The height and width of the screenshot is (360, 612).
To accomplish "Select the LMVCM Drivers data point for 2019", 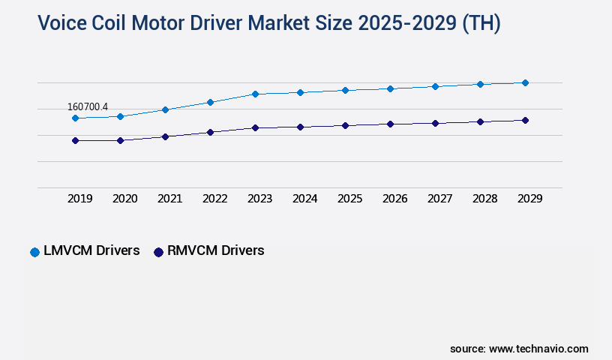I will (x=75, y=118).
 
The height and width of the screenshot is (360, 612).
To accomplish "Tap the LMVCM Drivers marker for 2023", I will (x=255, y=94).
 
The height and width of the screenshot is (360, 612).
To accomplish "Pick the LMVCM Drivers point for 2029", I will (x=525, y=82).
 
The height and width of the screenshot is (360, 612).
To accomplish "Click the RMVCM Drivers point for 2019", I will (x=75, y=140).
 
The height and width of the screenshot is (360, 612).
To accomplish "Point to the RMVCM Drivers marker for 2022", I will (x=210, y=132).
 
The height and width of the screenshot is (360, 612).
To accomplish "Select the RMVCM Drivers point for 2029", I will (x=525, y=120).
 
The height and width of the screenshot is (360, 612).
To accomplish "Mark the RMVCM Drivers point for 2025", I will (x=345, y=125).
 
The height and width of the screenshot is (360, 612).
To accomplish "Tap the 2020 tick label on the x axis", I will (x=125, y=199).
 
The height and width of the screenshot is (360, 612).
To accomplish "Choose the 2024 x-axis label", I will (x=305, y=199).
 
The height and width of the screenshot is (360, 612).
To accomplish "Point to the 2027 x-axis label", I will (x=440, y=199).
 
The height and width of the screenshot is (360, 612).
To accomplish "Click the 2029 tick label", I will (x=530, y=199).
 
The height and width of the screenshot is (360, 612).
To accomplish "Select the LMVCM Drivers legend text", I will (x=91, y=251).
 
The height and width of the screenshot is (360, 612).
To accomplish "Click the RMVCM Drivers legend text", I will (x=216, y=251).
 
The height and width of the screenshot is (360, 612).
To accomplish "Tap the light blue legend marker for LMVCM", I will (x=34, y=252).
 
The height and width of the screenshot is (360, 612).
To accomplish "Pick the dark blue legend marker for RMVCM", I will (x=158, y=252).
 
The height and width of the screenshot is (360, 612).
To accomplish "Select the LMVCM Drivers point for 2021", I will (x=165, y=109).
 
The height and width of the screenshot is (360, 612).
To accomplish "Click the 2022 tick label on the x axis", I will (x=215, y=199).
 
